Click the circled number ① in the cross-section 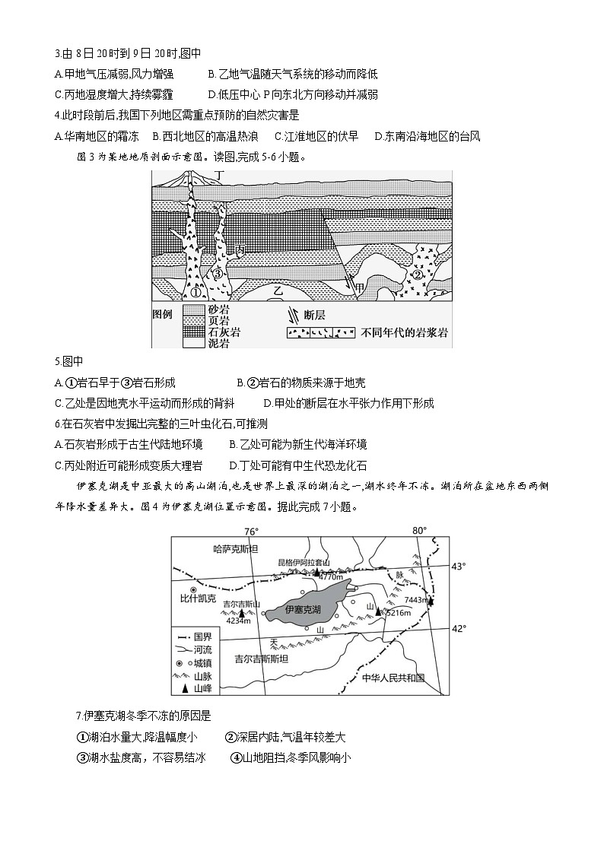point(195,293)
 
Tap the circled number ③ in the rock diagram point(218,273)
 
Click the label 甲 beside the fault point(370,286)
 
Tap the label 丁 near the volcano point(220,176)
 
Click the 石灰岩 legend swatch point(196,332)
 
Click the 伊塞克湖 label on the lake point(302,610)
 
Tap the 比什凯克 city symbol point(193,589)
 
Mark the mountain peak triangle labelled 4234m point(241,612)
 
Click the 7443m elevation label point(416,600)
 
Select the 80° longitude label point(420,531)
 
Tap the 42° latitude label point(459,628)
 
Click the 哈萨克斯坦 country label point(237,549)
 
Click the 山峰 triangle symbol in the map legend point(183,688)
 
